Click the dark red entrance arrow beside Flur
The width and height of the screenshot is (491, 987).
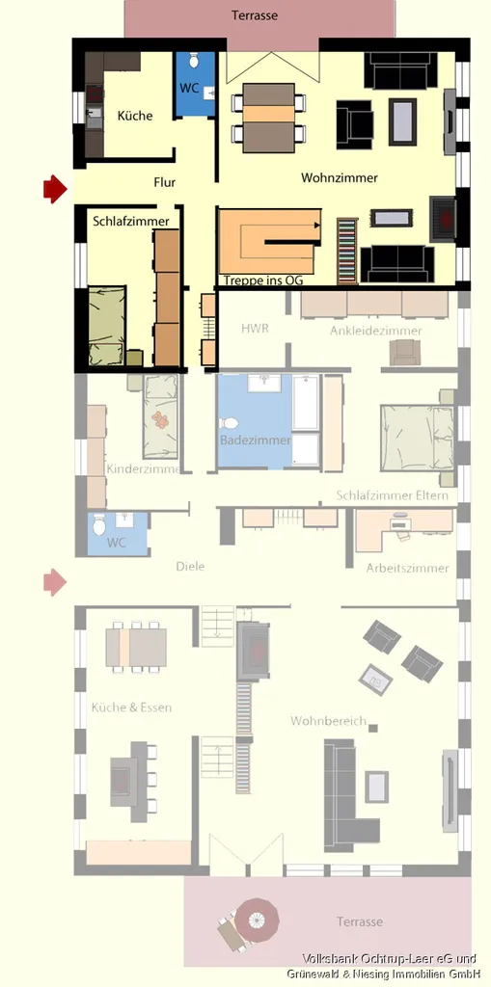tap(55, 189)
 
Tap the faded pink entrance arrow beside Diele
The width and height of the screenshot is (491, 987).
tap(55, 582)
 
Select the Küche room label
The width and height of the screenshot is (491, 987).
tap(135, 116)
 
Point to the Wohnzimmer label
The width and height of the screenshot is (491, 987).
tap(340, 178)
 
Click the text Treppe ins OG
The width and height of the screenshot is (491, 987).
tap(262, 280)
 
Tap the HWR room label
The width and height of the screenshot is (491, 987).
tap(255, 328)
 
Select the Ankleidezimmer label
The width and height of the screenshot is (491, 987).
tap(375, 331)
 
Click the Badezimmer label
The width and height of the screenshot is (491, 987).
tap(256, 440)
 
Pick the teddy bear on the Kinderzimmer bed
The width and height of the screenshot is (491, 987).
tap(162, 419)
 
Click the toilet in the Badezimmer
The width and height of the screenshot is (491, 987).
tap(230, 423)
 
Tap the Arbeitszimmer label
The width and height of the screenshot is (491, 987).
tap(408, 569)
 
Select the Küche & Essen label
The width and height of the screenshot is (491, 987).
tap(131, 707)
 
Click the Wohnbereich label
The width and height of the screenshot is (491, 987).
tap(328, 721)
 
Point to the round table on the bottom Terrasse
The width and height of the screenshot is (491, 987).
tap(258, 920)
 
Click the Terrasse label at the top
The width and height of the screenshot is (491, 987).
tap(254, 15)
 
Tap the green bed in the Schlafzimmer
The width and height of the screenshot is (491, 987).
tap(106, 326)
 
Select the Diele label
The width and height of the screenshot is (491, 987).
tap(190, 567)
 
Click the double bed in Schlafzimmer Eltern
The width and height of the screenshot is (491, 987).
tap(416, 439)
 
